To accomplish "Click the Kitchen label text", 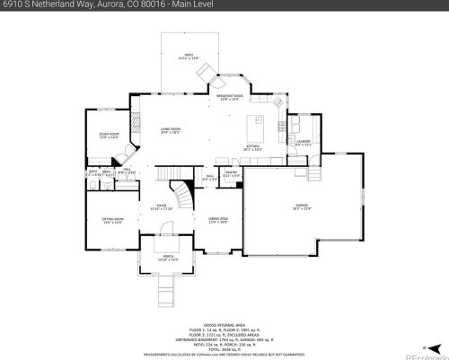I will (x=254, y=147).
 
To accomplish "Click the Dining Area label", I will (x=218, y=220).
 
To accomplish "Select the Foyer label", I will (x=163, y=206).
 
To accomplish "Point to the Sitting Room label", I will (x=112, y=221).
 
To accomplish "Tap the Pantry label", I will (x=231, y=173).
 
